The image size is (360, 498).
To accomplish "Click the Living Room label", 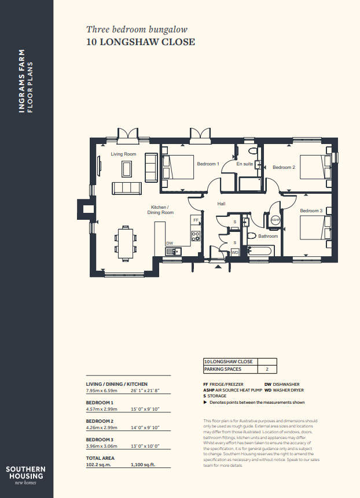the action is [123, 154].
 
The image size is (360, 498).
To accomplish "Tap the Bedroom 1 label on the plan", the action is [208, 164].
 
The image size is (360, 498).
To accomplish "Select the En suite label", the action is [245, 164].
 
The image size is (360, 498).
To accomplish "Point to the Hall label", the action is [222, 204].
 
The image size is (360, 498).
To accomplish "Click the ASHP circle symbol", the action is [275, 219].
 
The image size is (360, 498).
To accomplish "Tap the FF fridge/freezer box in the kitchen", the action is [196, 220].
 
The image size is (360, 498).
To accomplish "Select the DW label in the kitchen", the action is [170, 244].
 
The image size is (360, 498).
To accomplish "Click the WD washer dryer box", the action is [235, 253].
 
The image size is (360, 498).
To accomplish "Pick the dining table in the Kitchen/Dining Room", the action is [126, 244].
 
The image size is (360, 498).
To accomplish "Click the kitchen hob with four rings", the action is [196, 235].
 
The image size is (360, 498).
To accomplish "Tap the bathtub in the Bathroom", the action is [260, 251].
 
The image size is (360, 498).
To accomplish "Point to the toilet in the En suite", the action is [254, 150].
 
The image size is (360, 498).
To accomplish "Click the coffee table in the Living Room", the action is [126, 169].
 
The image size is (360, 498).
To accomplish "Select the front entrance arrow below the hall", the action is [218, 267].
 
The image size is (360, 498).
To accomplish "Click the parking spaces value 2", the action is [267, 369].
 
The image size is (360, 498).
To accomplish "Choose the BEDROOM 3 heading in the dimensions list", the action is [100, 440].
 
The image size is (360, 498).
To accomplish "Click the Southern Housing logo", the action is [25, 475].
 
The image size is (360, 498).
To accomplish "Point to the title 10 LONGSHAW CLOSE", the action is [141, 42].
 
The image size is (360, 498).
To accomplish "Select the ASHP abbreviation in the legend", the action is [209, 390].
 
